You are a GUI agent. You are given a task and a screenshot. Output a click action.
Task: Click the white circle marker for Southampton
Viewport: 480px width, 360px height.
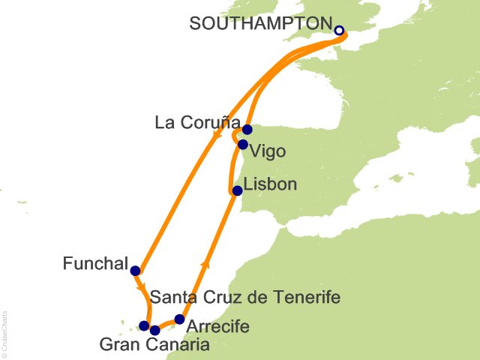pyautogui.click(x=338, y=31)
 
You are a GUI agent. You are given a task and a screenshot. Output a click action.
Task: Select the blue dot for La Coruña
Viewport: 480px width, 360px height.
pyautogui.click(x=247, y=130)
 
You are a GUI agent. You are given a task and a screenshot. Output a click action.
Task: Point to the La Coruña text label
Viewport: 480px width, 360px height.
pyautogui.click(x=199, y=122)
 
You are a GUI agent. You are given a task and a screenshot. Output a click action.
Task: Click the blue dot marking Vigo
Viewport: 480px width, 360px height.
pyautogui.click(x=242, y=145)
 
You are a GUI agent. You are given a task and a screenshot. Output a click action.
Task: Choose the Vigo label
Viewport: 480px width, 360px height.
pyautogui.click(x=268, y=151)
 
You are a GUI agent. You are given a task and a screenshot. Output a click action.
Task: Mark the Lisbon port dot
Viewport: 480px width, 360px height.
pyautogui.click(x=237, y=190)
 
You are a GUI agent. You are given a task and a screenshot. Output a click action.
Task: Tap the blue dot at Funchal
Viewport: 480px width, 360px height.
pyautogui.click(x=135, y=271)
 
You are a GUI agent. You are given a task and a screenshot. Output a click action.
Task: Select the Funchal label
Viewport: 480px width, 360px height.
pyautogui.click(x=94, y=263)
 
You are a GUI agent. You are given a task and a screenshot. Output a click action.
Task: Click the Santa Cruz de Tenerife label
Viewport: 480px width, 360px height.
pyautogui.click(x=246, y=298)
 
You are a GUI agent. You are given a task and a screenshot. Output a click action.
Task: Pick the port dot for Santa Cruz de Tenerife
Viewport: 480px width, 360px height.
pyautogui.click(x=144, y=325)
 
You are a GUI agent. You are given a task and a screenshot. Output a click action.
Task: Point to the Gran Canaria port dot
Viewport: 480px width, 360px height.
pyautogui.click(x=154, y=330)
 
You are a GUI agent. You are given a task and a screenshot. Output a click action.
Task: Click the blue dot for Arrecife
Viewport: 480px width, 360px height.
pyautogui.click(x=179, y=319)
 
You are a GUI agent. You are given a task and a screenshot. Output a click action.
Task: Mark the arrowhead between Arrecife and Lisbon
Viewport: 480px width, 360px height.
pyautogui.click(x=205, y=265)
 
